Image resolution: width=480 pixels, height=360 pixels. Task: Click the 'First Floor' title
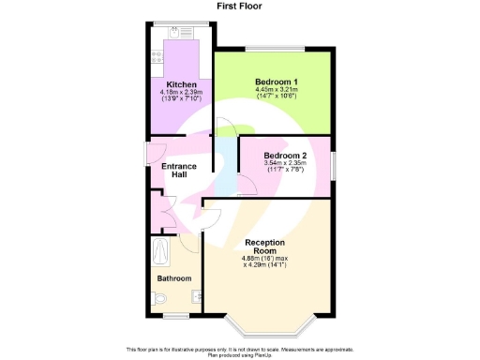[239, 7]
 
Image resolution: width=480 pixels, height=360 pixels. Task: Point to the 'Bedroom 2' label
[285, 156]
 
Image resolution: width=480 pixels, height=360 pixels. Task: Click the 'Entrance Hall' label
[179, 171]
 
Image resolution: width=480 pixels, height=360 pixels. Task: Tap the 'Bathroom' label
[174, 278]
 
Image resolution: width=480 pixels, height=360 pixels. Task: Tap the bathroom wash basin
[196, 298]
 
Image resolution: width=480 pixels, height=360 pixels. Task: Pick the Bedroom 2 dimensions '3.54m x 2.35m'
[285, 165]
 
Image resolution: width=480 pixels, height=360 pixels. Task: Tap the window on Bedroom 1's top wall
[275, 49]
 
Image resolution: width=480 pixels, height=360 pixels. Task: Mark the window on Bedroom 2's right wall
[333, 160]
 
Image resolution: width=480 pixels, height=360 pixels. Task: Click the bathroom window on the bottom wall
[175, 317]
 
